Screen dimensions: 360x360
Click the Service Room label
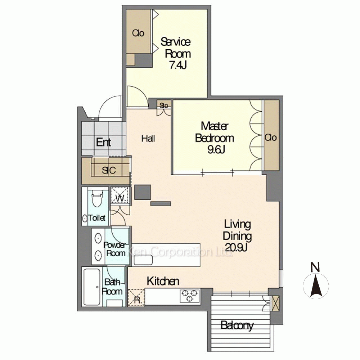pyautogui.click(x=176, y=48)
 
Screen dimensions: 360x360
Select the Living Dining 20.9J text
pyautogui.click(x=237, y=236)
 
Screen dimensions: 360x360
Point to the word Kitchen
pyautogui.click(x=163, y=281)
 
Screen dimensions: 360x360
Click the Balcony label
pyautogui.click(x=237, y=325)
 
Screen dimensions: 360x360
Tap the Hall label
pyautogui.click(x=148, y=139)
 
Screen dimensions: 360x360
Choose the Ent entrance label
pyautogui.click(x=104, y=142)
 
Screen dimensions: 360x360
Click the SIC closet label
pyautogui.click(x=109, y=170)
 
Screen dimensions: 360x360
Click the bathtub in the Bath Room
pyautogui.click(x=92, y=287)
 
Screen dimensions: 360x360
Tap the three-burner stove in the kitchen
pyautogui.click(x=190, y=296)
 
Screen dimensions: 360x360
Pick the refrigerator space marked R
pyautogui.click(x=136, y=297)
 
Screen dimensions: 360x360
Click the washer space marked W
pyautogui.click(x=120, y=195)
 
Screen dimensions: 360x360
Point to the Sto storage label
pyautogui.click(x=164, y=105)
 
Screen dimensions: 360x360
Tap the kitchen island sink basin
pyautogui.click(x=144, y=260)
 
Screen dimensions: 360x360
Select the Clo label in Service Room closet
pyautogui.click(x=138, y=33)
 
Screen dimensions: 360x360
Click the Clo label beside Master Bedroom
pyautogui.click(x=271, y=138)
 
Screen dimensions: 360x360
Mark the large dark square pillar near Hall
pyautogui.click(x=143, y=192)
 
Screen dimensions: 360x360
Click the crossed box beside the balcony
pyautogui.click(x=275, y=303)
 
